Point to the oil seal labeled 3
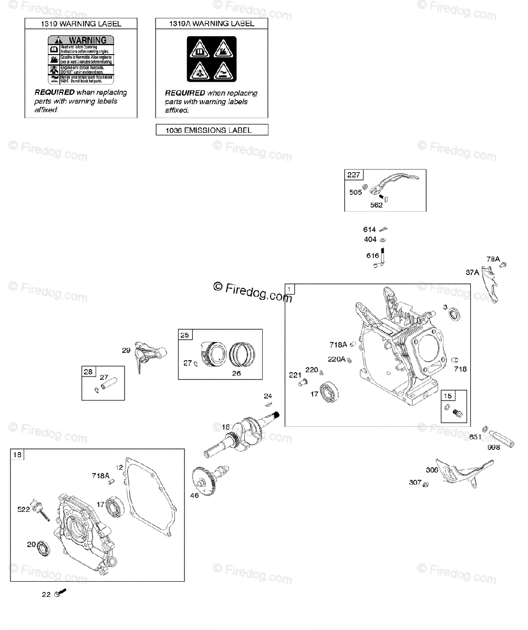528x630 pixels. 454,316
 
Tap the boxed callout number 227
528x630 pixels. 353,175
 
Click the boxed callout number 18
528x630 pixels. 18,455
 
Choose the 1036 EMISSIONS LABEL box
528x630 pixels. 212,130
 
